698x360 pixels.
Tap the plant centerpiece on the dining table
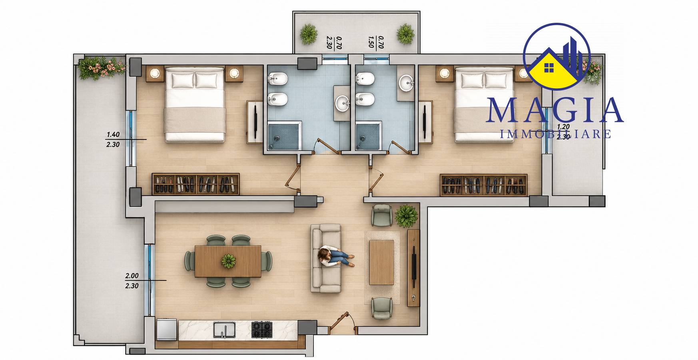228,261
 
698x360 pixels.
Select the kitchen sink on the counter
224,330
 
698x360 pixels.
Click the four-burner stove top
262,330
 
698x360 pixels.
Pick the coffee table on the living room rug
381,262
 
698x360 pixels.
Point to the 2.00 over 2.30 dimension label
132,281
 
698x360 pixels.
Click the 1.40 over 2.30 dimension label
113,139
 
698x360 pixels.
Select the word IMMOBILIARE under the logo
556,134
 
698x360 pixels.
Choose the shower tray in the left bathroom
283,136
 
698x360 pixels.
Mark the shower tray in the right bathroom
368,136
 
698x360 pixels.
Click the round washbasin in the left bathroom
343,103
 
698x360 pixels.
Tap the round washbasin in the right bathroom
407,83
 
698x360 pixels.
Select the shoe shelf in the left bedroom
195,184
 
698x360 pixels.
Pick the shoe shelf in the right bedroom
484,185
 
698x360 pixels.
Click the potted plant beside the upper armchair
407,216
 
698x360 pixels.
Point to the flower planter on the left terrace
102,68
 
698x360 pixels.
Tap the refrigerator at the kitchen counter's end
167,329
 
